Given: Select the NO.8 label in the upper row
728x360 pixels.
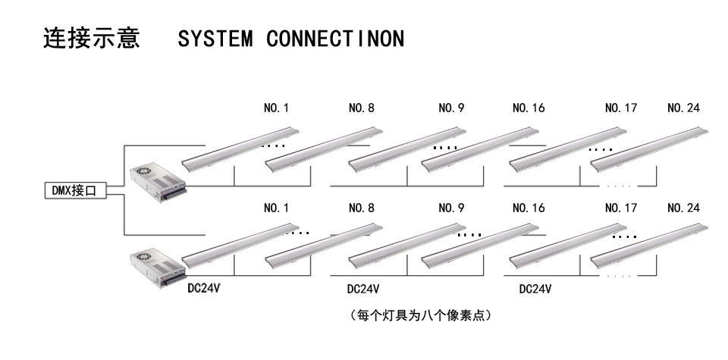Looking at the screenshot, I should tap(361, 108).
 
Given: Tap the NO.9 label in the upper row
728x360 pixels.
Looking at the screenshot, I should tap(451, 108).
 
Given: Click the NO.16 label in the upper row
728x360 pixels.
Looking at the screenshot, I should tap(529, 108).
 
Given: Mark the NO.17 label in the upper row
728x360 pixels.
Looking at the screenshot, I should tap(620, 108).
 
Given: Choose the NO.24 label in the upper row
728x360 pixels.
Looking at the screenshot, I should tap(683, 108).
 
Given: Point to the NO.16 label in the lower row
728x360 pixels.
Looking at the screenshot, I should tap(529, 207).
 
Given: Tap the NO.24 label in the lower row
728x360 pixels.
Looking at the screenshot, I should tap(683, 207).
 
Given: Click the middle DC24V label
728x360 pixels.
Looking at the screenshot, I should tap(363, 290).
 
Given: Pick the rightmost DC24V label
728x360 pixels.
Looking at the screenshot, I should tap(535, 290).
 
